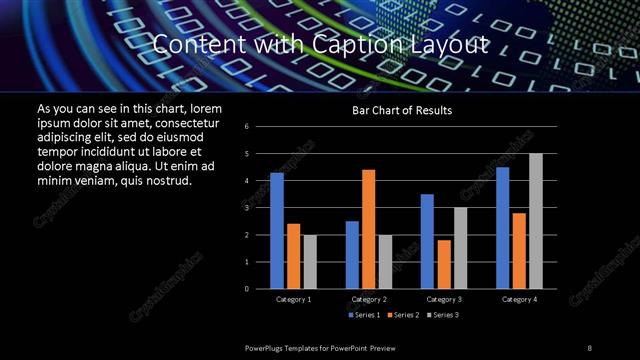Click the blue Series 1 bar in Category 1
(277, 231)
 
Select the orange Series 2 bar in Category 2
(369, 229)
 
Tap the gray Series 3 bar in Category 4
(535, 221)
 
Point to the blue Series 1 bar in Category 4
(502, 228)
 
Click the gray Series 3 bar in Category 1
(310, 262)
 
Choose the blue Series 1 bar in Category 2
(352, 255)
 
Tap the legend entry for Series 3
(444, 315)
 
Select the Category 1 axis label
(293, 299)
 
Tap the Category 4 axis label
(518, 299)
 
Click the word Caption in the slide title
(324, 45)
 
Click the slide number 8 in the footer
(590, 347)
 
